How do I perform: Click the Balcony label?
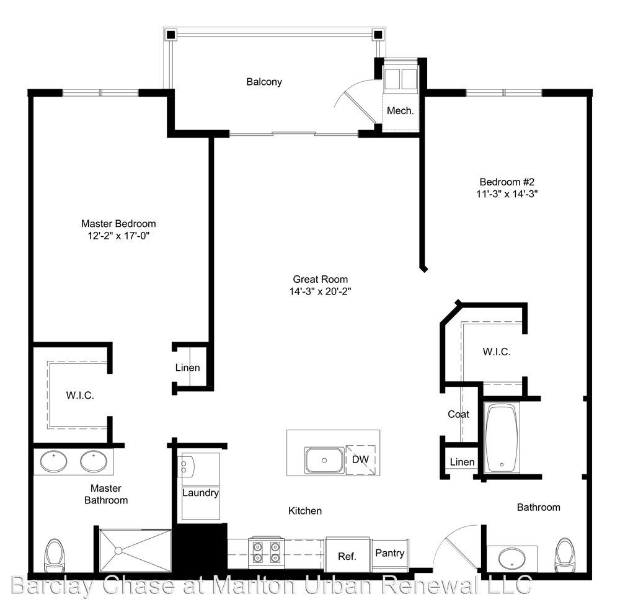coord(264,82)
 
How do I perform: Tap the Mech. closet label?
coord(400,111)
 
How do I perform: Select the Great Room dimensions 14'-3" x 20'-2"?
coord(321,291)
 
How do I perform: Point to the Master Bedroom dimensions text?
coord(118,236)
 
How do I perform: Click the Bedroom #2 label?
coord(507,182)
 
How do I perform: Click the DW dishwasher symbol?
coord(360,459)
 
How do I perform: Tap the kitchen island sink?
coord(324,460)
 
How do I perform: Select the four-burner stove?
coord(266,552)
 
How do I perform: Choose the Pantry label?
coord(389,553)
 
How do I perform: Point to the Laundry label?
coord(200,493)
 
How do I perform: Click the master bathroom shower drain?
coord(118,551)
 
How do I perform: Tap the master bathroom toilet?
coord(53,555)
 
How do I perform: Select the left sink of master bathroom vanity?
coord(54,461)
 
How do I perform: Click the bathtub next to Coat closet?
coord(502,438)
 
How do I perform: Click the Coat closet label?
coord(458,414)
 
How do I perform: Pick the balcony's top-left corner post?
coord(170,35)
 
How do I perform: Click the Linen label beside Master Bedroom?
coord(187,368)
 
